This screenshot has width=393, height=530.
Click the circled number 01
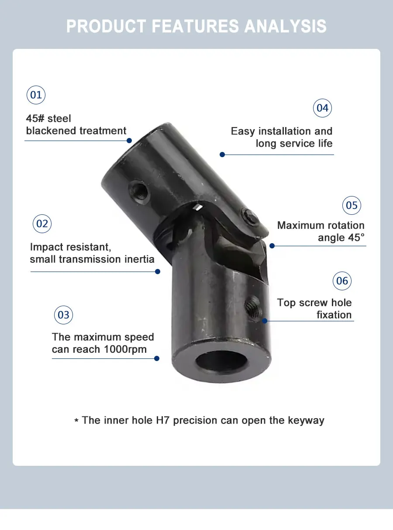click(x=36, y=95)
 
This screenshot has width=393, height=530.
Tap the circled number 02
click(x=42, y=224)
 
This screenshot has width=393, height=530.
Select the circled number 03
click(x=63, y=315)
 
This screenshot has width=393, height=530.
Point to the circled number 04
click(x=322, y=108)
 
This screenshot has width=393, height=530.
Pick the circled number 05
click(x=352, y=205)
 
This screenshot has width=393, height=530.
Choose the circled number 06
click(x=342, y=281)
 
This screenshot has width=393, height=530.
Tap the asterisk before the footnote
click(x=76, y=421)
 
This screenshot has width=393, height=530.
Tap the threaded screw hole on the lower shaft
click(x=252, y=308)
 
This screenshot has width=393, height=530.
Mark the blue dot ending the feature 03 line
click(x=157, y=358)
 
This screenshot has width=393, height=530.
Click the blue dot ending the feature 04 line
click(x=222, y=154)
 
